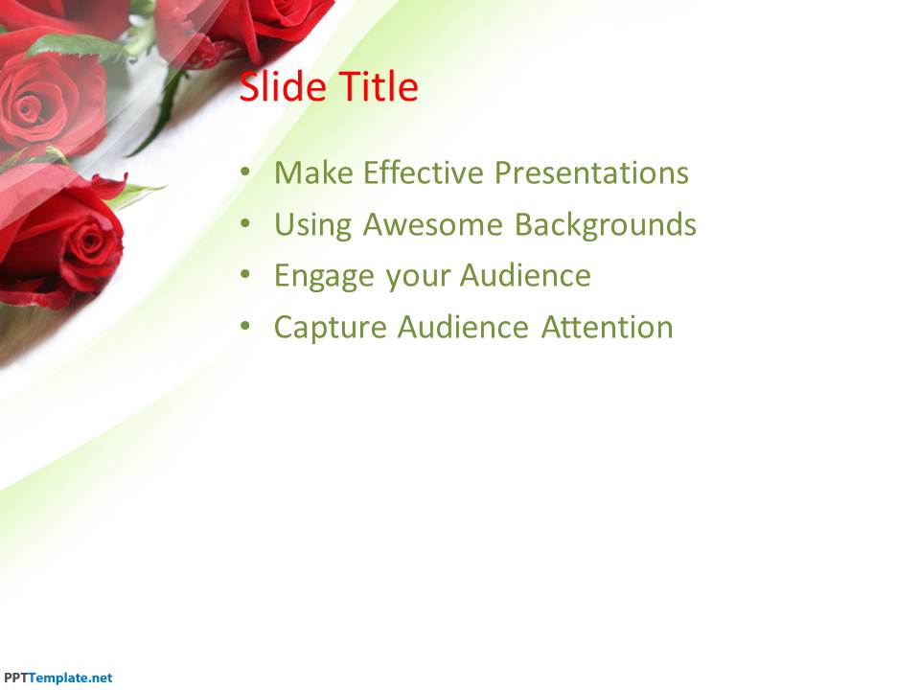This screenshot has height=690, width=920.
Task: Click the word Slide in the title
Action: click(x=283, y=87)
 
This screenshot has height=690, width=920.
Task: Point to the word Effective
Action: click(x=423, y=172)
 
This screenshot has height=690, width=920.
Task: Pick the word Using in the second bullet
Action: click(x=312, y=225)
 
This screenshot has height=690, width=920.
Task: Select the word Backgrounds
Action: click(x=606, y=225)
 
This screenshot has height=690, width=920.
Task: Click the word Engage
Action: click(x=324, y=277)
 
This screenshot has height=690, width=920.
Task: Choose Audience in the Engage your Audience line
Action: click(x=525, y=276)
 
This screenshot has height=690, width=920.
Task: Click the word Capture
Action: click(x=331, y=329)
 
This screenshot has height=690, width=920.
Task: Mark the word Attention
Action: click(x=608, y=328)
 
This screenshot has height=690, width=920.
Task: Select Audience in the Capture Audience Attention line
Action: click(x=464, y=328)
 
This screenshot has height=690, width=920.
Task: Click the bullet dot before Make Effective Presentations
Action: click(x=245, y=172)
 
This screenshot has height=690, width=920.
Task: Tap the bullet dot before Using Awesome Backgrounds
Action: click(x=245, y=223)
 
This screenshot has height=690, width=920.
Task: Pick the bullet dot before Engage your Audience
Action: click(x=245, y=275)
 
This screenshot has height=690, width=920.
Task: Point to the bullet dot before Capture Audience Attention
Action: click(x=245, y=326)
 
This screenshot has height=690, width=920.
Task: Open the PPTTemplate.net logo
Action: click(x=57, y=678)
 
